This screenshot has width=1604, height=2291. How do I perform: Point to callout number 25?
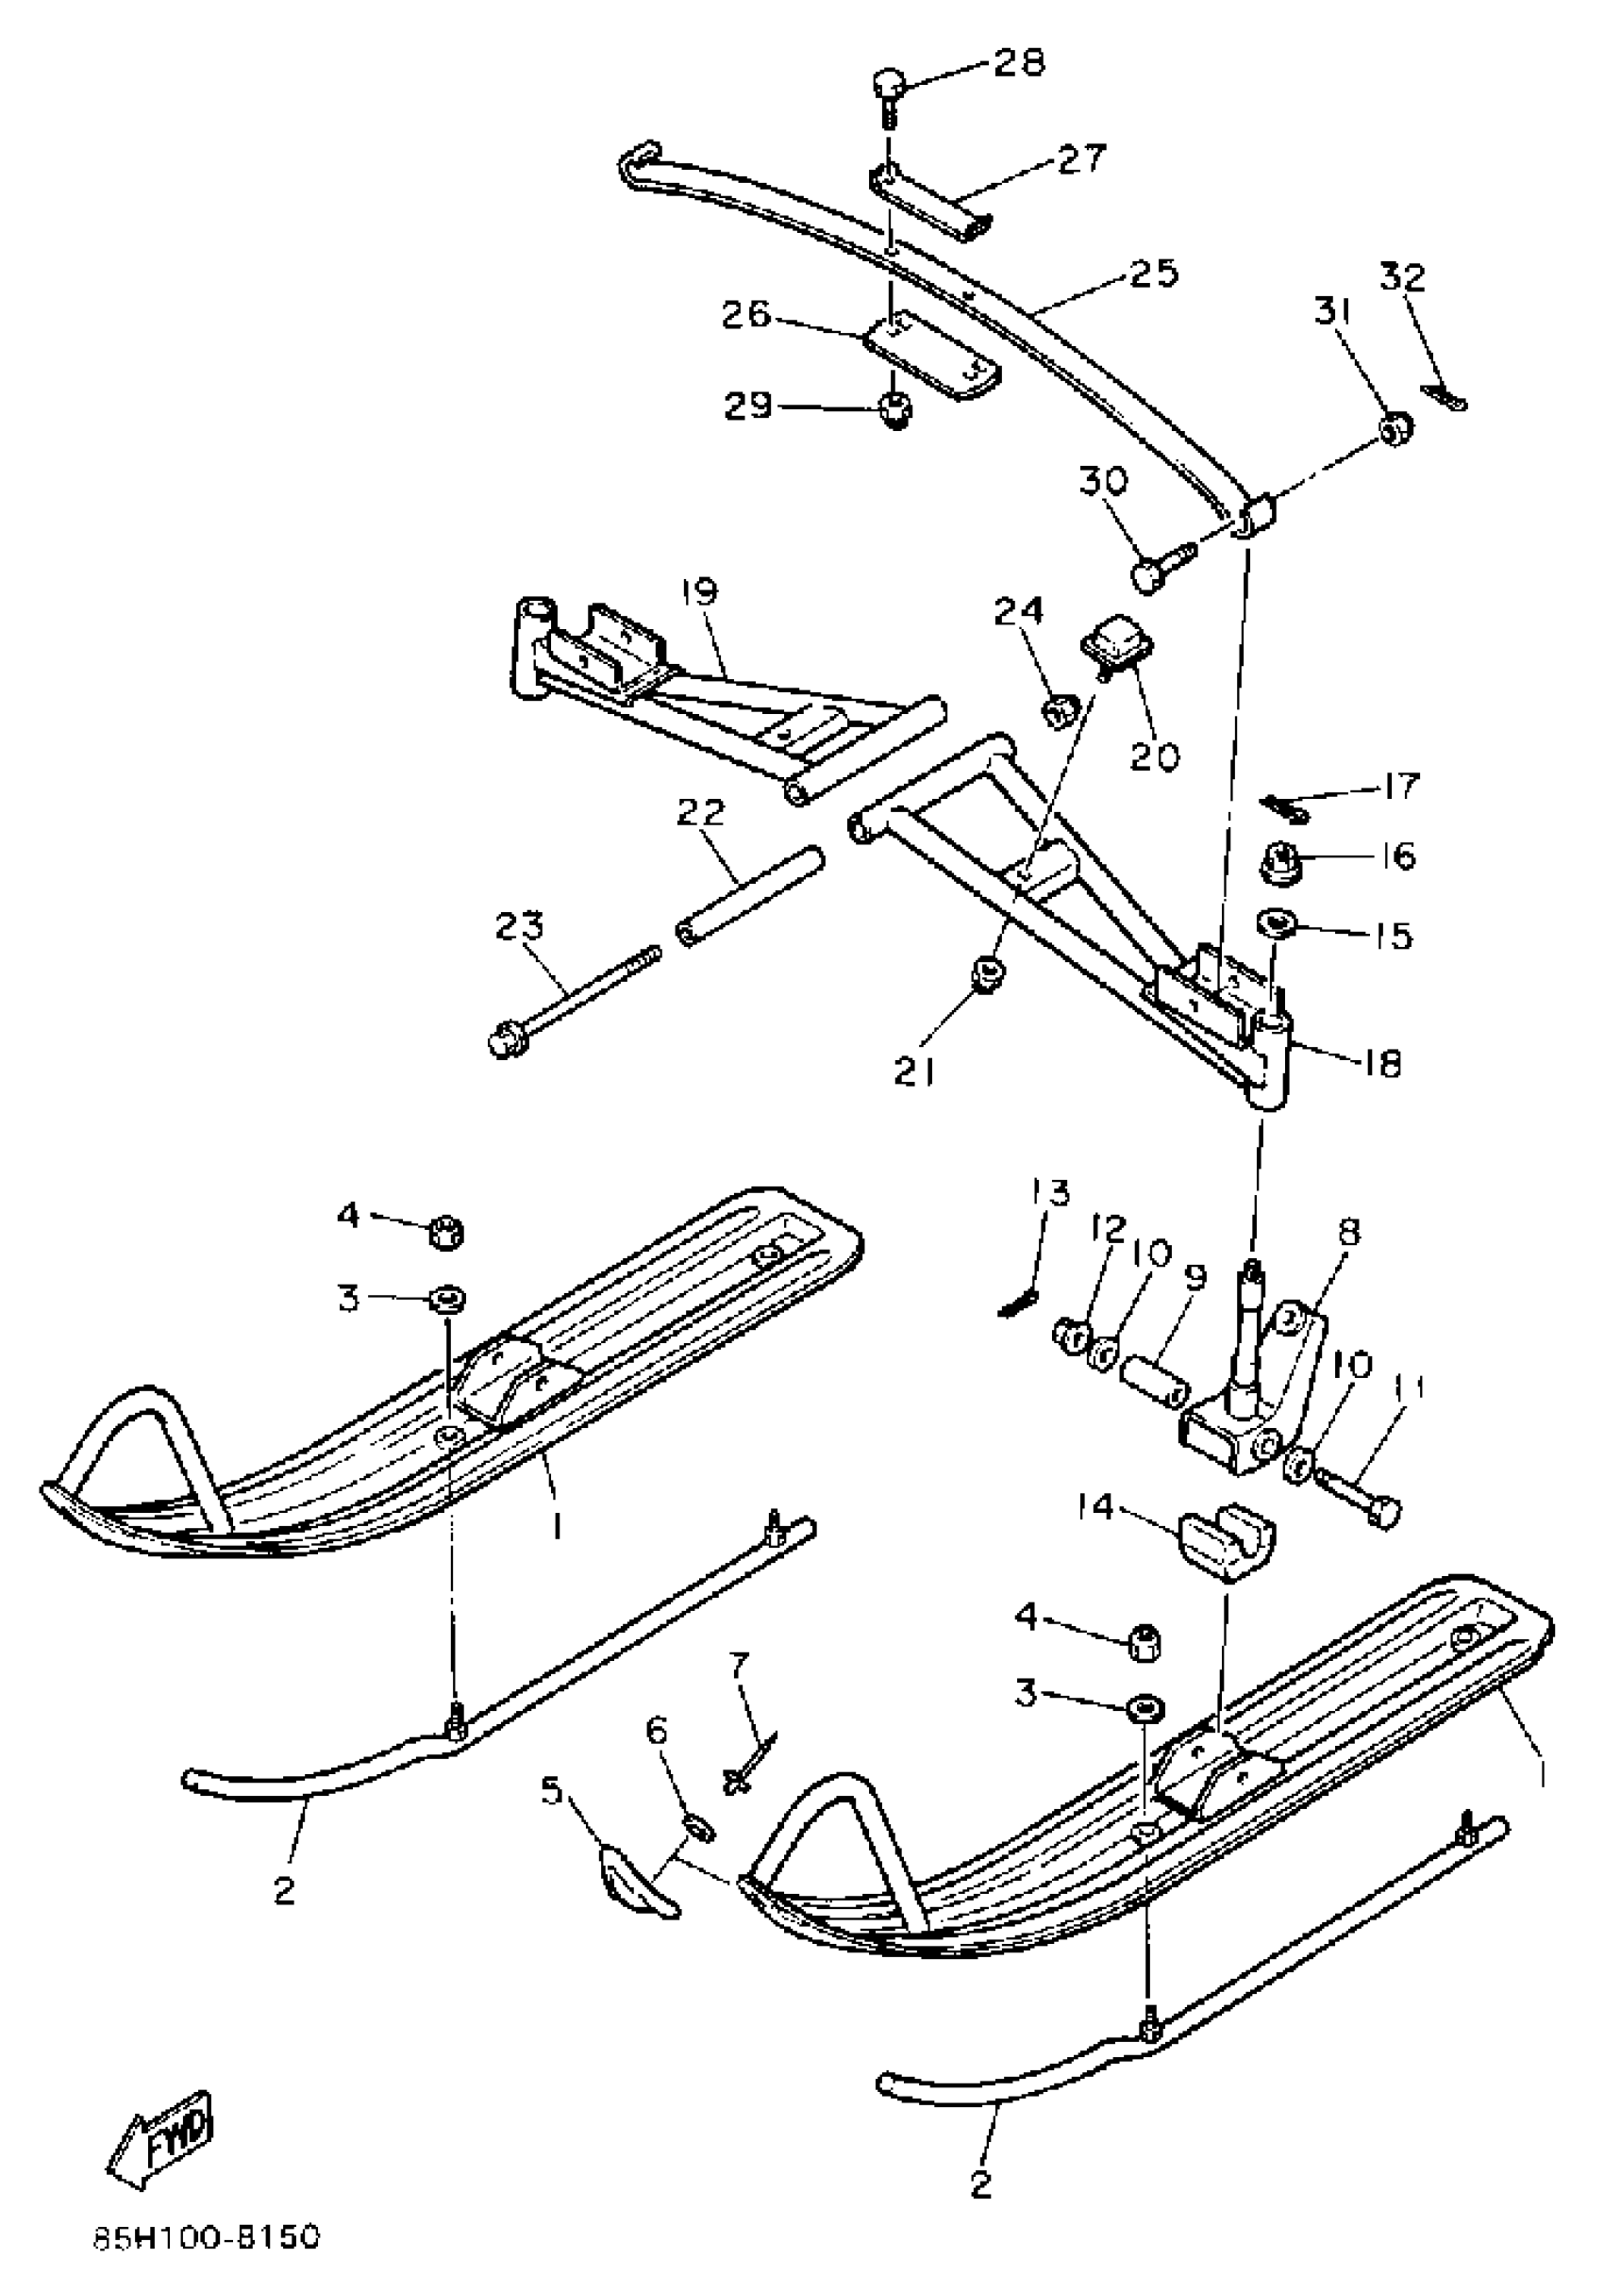pyautogui.click(x=1152, y=273)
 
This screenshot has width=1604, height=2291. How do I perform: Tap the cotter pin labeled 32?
pyautogui.click(x=1445, y=397)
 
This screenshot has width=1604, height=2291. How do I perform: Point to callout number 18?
pyautogui.click(x=1381, y=1064)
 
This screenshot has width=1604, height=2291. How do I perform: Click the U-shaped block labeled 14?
pyautogui.click(x=1229, y=1548)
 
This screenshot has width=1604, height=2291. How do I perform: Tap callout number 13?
pyautogui.click(x=1049, y=1194)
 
